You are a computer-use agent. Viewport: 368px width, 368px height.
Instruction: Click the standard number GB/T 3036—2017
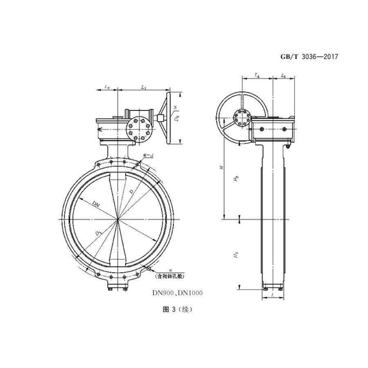pyautogui.click(x=310, y=57)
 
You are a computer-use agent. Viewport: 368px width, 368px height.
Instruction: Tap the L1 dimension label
pyautogui.click(x=144, y=87)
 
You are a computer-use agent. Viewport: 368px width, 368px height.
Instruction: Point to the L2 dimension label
pyautogui.click(x=107, y=87)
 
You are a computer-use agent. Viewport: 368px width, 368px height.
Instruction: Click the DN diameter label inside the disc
pyautogui.click(x=95, y=203)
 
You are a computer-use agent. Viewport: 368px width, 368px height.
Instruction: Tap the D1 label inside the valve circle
pyautogui.click(x=99, y=233)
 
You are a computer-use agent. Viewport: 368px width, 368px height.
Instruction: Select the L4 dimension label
pyautogui.click(x=257, y=75)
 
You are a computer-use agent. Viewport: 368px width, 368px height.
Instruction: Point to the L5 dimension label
pyautogui.click(x=283, y=75)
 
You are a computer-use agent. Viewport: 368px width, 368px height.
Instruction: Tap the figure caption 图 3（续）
pyautogui.click(x=177, y=310)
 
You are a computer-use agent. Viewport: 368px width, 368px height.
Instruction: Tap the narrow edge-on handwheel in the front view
pyautogui.click(x=166, y=119)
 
